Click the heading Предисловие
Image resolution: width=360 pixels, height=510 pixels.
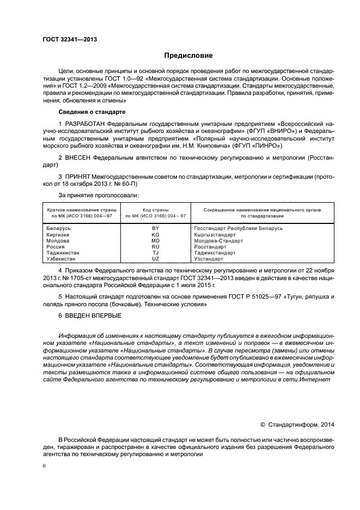188,56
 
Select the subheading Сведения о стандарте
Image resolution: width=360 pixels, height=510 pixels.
91,112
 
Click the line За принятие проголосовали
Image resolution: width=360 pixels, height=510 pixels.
98,195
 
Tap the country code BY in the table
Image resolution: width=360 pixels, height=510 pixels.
155,228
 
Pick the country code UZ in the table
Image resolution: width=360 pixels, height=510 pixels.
155,259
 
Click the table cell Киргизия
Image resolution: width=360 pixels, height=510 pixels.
58,234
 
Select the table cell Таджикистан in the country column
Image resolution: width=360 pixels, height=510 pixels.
63,253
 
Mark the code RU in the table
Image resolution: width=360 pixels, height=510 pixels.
155,247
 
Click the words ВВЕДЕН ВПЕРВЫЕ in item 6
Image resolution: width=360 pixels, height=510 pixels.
93,316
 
